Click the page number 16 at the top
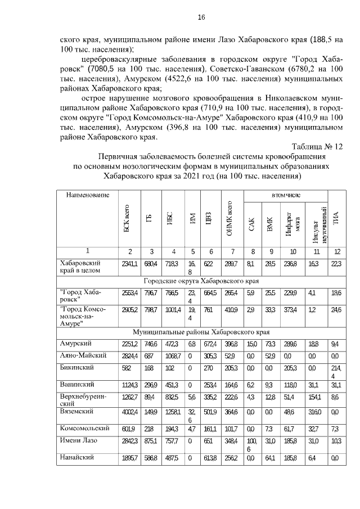pyautogui.click(x=201, y=17)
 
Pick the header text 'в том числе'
pyautogui.click(x=285, y=195)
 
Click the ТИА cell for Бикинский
pyautogui.click(x=336, y=371)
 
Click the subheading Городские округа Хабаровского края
pyautogui.click(x=201, y=281)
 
